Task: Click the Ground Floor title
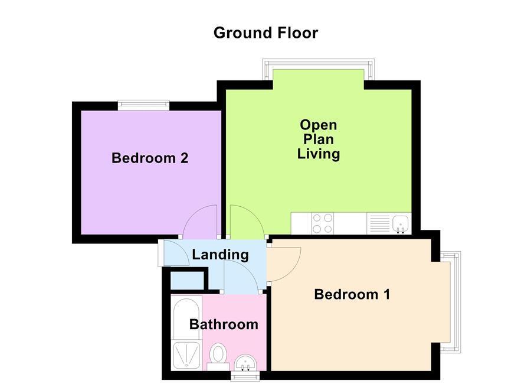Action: pos(265,32)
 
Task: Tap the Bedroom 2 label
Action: pos(150,158)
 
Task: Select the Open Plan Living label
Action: pos(319,139)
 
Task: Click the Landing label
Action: pos(220,255)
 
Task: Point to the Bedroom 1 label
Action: pos(352,294)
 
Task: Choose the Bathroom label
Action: pos(224,324)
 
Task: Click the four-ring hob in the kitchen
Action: pos(322,223)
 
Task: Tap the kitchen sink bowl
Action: pos(401,223)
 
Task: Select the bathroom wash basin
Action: pos(245,362)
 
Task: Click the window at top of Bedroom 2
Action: pos(143,105)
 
